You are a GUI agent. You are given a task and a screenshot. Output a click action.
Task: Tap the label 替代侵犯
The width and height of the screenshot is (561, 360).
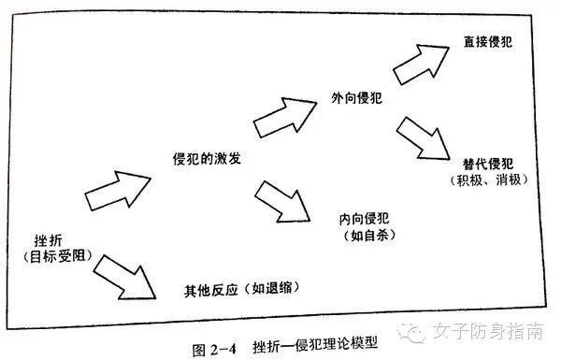pos(489,160)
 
